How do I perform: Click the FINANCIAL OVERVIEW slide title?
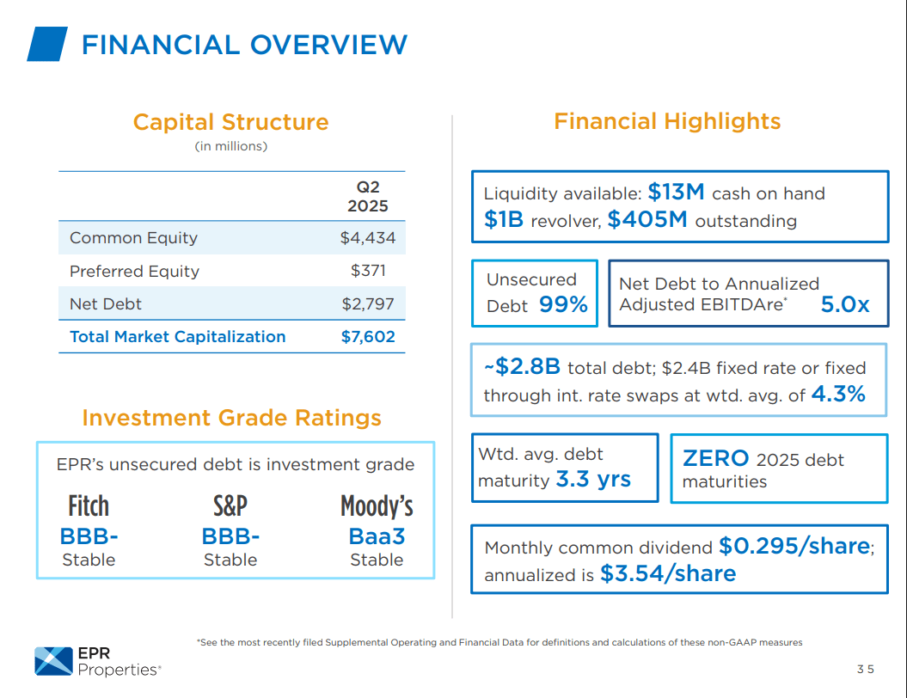click(x=244, y=45)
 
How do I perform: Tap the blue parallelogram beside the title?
click(x=46, y=44)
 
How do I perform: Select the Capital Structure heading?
click(x=230, y=122)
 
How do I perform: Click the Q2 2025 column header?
click(x=367, y=196)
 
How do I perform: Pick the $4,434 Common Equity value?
click(x=367, y=238)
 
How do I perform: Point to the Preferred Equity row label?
click(x=134, y=271)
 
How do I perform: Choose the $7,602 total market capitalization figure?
click(x=368, y=337)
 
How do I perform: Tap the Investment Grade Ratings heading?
click(x=231, y=418)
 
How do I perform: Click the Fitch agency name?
click(x=89, y=505)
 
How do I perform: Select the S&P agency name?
click(x=230, y=505)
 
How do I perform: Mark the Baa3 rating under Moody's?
click(x=377, y=536)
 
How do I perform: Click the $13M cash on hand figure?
click(x=677, y=192)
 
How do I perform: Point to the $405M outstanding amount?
click(x=647, y=220)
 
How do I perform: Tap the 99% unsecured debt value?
click(x=563, y=304)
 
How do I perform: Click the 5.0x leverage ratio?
click(x=844, y=303)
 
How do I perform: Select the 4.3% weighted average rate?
click(x=837, y=395)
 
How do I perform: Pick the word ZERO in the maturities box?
click(x=715, y=458)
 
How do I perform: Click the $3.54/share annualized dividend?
click(x=667, y=573)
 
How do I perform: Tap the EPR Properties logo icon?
click(x=53, y=660)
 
